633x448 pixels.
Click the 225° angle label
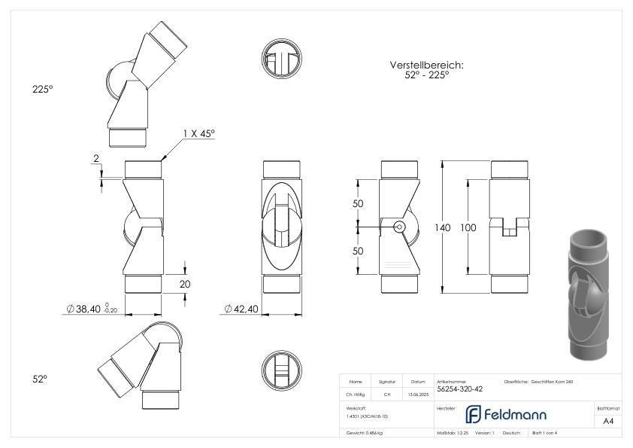click(x=42, y=89)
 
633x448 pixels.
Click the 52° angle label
click(x=40, y=380)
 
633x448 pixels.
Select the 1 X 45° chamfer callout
click(x=198, y=133)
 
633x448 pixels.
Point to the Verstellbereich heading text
click(x=426, y=66)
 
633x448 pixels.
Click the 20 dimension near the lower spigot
click(x=184, y=285)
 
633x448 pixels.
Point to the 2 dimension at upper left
click(x=95, y=159)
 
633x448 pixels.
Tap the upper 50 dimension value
click(x=358, y=204)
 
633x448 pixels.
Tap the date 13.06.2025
click(x=417, y=394)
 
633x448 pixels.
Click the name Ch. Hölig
click(x=356, y=394)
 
